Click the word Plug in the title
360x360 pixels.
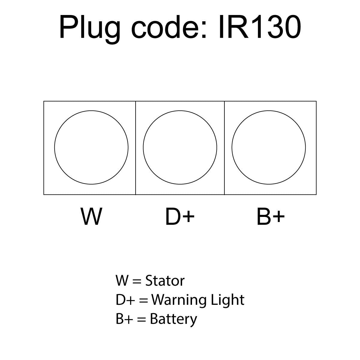90,28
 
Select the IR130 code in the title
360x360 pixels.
259,28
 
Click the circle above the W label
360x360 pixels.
91,147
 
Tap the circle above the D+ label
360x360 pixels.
180,147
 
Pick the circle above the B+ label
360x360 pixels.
269,147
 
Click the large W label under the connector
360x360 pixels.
91,216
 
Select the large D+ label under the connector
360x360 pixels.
180,216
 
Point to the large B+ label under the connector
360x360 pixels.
270,216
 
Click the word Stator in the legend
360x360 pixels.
165,281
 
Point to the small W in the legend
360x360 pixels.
122,281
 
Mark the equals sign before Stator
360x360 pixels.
136,281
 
